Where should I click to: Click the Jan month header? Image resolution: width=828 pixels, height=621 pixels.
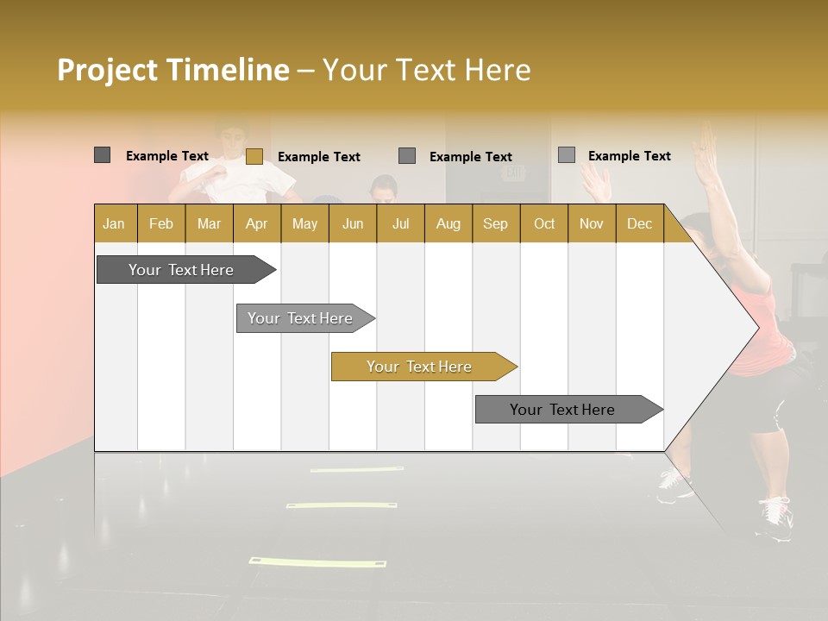tap(114, 224)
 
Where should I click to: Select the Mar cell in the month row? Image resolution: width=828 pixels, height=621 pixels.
tap(209, 224)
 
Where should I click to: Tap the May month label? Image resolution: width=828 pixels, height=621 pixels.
tap(304, 224)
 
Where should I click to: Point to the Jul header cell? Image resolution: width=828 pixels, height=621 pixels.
tap(400, 224)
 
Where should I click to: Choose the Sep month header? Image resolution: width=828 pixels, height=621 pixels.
tap(495, 224)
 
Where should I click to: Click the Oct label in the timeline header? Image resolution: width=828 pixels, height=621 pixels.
tap(544, 224)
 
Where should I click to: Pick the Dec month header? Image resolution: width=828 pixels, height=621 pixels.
tap(639, 224)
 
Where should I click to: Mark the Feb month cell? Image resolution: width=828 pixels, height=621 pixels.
tap(161, 224)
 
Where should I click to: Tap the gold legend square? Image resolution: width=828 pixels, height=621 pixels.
tap(254, 156)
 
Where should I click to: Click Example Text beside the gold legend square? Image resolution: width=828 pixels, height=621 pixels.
tap(319, 157)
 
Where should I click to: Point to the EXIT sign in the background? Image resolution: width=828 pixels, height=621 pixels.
tap(514, 173)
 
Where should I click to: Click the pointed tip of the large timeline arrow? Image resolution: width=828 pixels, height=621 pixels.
tap(756, 327)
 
